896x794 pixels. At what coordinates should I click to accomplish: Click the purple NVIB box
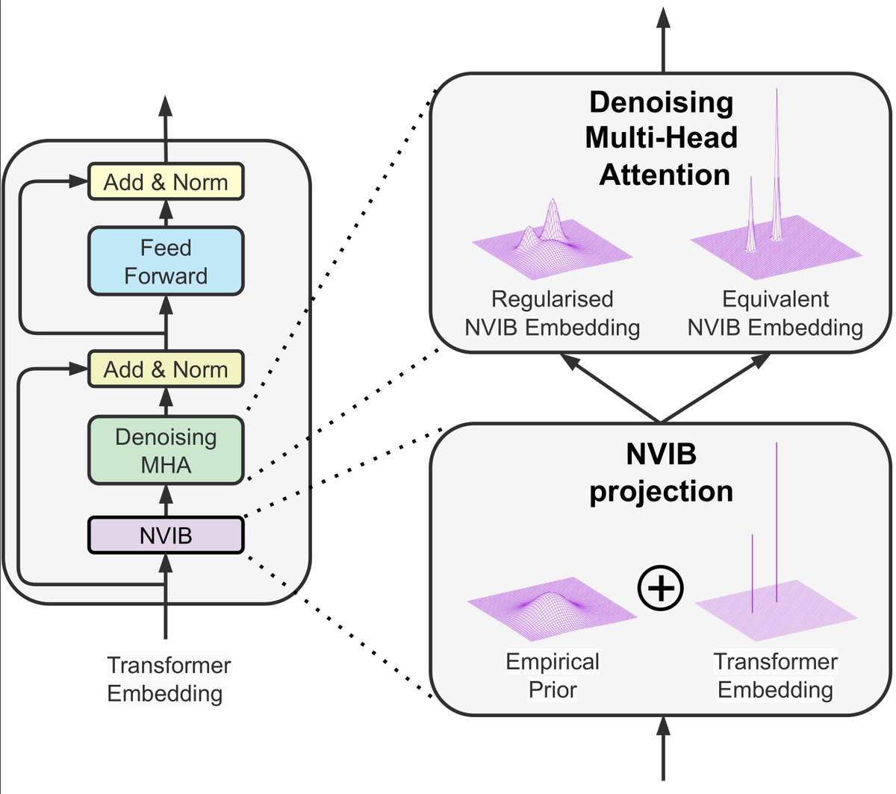(166, 535)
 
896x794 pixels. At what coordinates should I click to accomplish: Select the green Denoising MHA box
(166, 450)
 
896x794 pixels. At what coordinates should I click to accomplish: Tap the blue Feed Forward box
(166, 261)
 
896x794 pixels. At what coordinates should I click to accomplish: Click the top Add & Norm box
(166, 181)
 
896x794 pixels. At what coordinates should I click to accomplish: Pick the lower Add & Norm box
(166, 369)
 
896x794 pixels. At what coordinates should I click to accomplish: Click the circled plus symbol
(660, 588)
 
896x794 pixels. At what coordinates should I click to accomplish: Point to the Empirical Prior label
(553, 675)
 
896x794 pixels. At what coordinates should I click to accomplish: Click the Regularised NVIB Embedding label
(553, 313)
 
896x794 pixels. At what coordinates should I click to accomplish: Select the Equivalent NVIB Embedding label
(775, 313)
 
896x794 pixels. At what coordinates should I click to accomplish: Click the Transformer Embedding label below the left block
(169, 678)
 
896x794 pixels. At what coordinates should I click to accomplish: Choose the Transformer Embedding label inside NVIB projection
(775, 675)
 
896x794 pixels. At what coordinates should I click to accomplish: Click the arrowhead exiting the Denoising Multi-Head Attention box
(663, 17)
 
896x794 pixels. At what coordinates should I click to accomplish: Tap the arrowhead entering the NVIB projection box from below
(663, 726)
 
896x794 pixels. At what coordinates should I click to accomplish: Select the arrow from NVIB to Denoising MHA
(166, 501)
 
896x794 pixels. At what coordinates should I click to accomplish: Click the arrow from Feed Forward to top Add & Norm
(166, 213)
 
